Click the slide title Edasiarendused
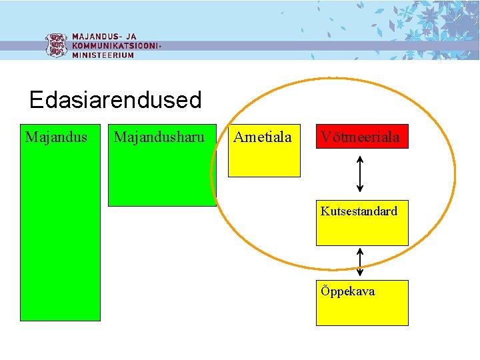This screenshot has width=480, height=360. pos(115,100)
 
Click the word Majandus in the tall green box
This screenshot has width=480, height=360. pos(56,137)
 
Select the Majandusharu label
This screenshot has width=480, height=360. pos(159,137)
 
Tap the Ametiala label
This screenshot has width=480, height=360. pos(263,137)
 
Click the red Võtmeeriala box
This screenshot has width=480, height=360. pos(361,137)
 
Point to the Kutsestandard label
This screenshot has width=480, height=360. pos(359,211)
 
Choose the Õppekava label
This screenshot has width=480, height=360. pos(347,291)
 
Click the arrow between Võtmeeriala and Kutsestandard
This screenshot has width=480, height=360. pos(361,173)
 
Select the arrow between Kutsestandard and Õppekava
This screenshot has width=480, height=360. pos(361,263)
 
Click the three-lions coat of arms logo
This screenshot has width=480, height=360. pos(56,45)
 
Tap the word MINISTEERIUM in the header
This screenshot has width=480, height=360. pos(103,55)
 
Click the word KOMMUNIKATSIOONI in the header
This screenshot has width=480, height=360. pos(115,46)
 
